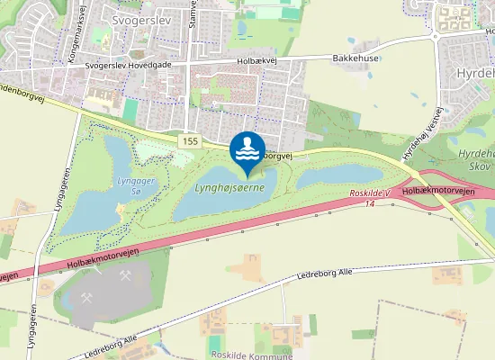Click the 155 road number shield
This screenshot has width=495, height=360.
click(x=188, y=141)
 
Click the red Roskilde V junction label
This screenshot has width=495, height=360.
click(x=370, y=194)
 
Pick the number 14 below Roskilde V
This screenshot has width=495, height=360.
click(x=370, y=205)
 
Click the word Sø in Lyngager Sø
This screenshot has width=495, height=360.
click(x=136, y=189)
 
